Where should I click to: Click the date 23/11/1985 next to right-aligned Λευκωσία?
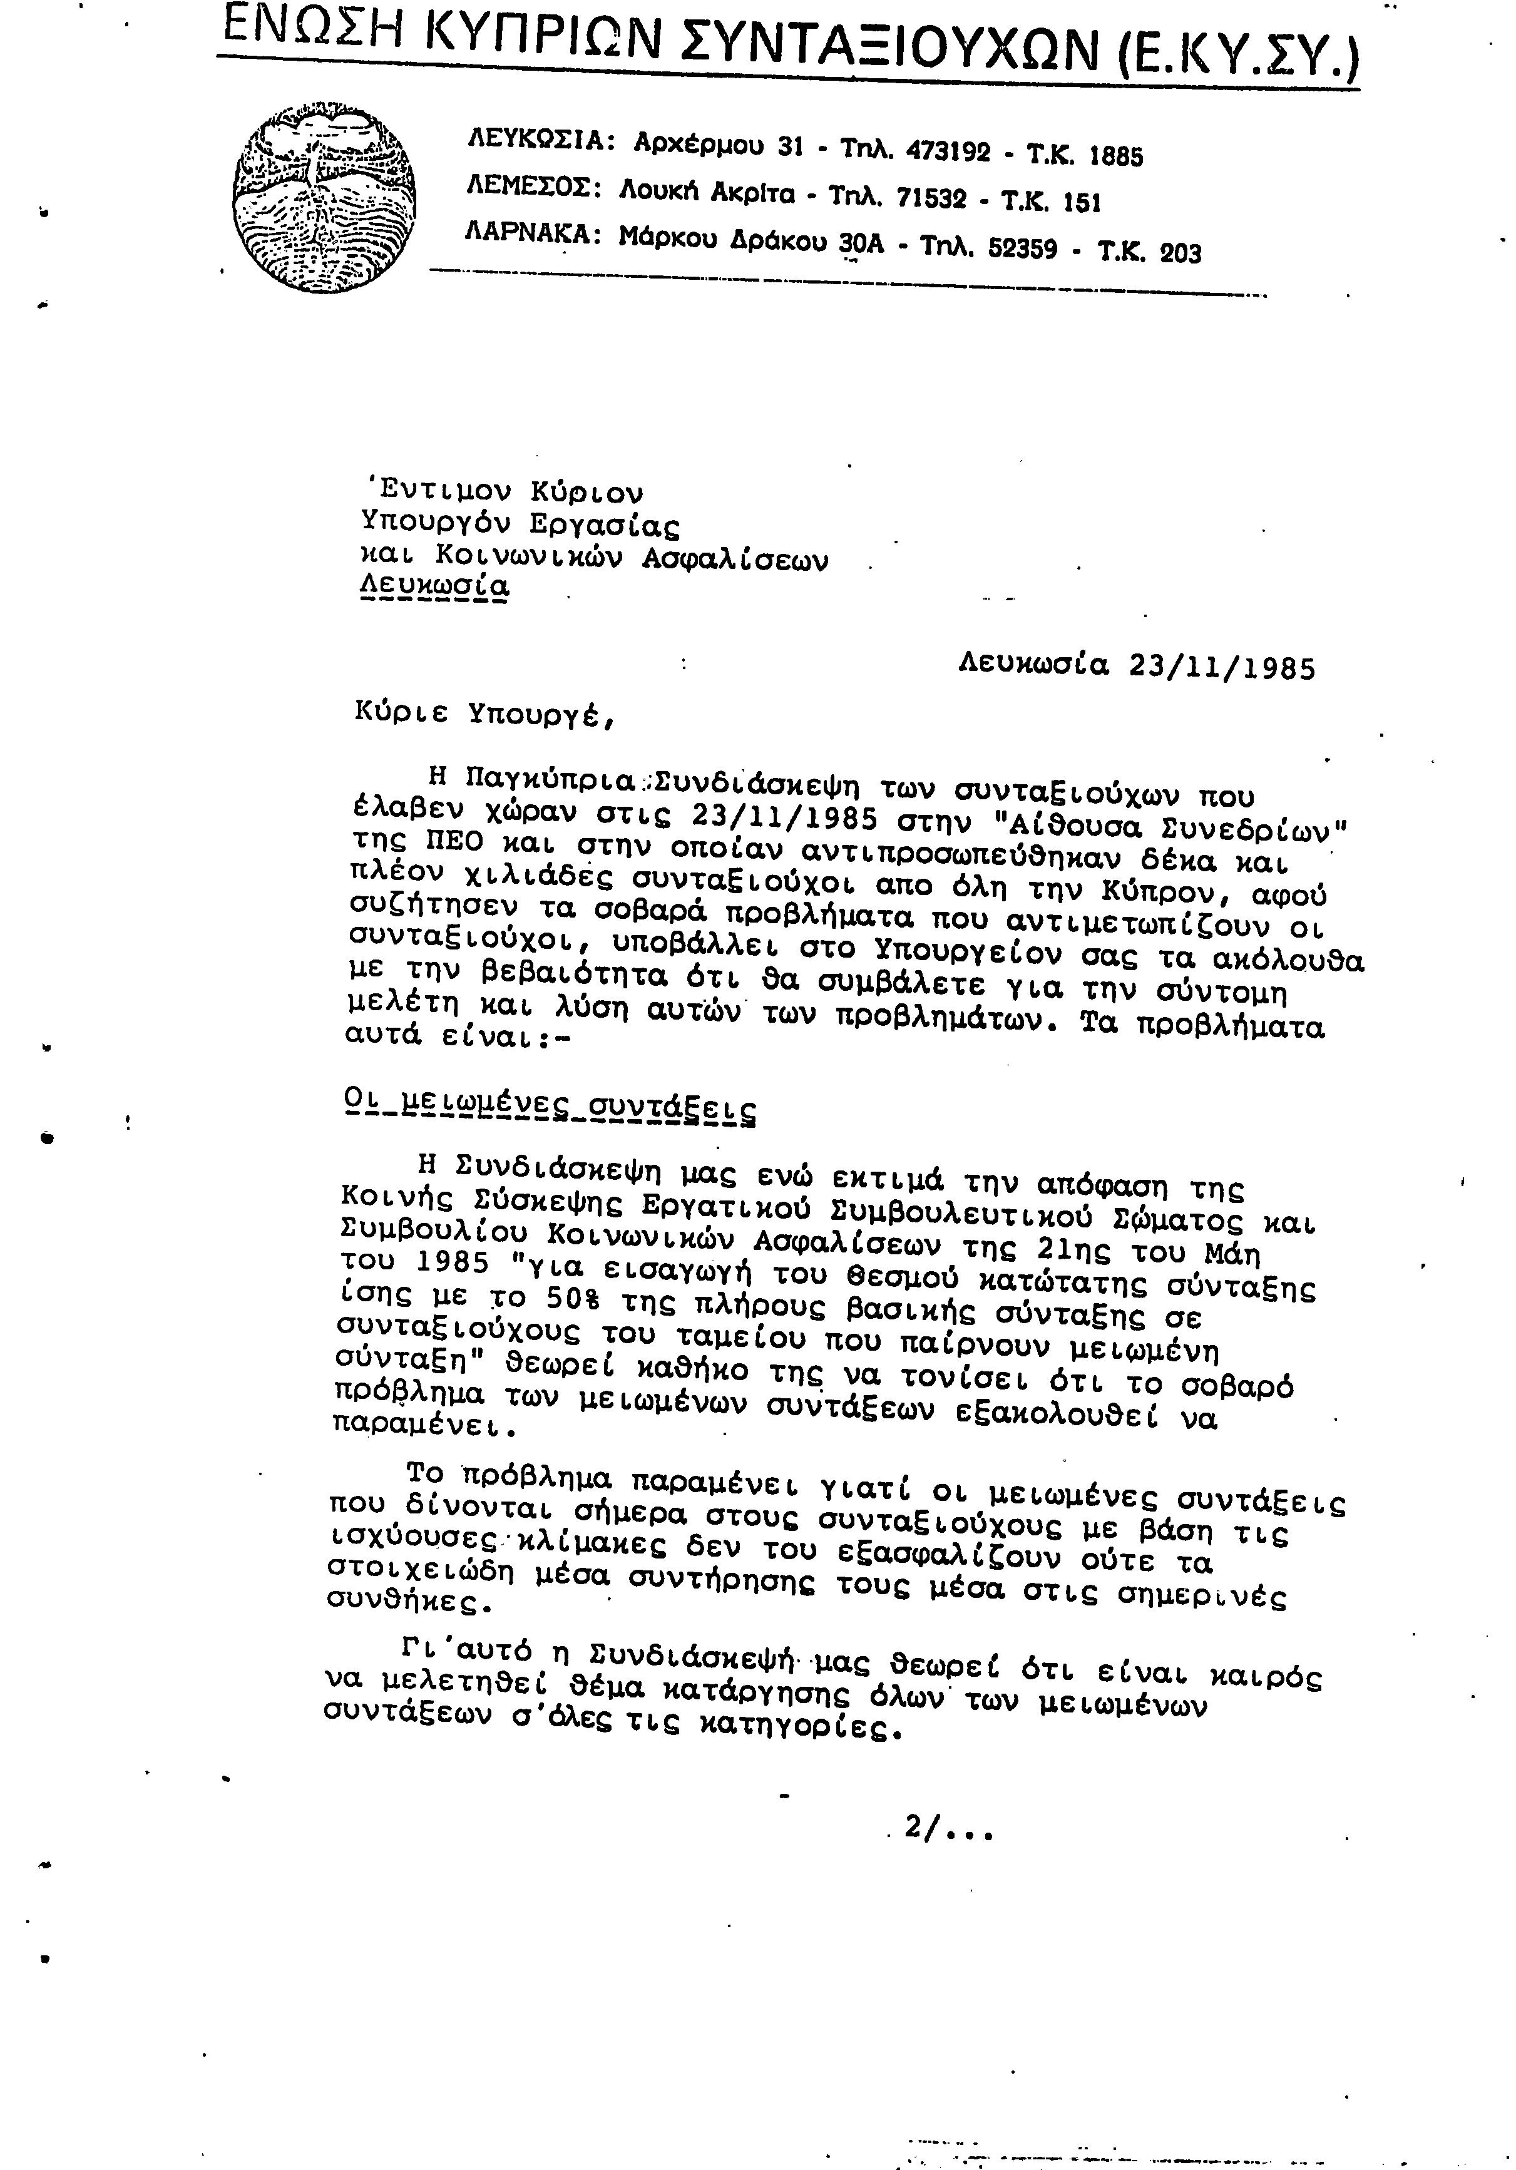click(1222, 668)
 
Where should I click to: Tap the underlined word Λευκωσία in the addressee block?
click(435, 586)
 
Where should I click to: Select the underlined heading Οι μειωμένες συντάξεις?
click(550, 1107)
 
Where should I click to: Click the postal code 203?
click(1179, 253)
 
